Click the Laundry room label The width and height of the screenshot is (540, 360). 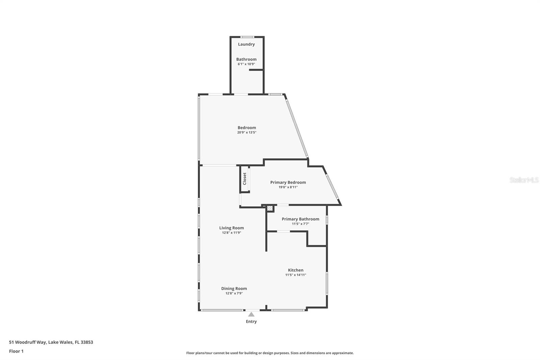pos(246,44)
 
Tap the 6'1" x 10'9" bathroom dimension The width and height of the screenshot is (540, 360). pos(246,64)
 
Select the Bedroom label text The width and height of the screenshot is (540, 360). pos(247,128)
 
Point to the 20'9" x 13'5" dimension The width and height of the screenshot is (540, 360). pos(247,133)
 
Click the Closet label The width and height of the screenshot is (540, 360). pos(245,179)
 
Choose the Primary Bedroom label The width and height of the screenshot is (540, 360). pos(288,182)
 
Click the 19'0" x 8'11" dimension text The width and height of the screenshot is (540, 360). pos(288,187)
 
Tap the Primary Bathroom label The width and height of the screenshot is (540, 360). pos(300,219)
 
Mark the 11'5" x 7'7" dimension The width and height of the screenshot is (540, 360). pos(300,224)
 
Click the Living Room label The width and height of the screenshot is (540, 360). pos(232,228)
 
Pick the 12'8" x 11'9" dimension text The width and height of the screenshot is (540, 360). pos(232,233)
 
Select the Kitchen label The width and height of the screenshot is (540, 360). pos(296,270)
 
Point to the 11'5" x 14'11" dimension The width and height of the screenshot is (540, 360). pos(296,275)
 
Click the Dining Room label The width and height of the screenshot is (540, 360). pos(234,288)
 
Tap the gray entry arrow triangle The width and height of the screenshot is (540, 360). pos(251,314)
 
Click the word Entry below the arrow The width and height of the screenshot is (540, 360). pos(251,322)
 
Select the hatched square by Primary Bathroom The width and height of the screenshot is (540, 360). pos(270,208)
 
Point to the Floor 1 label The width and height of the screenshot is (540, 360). pos(16,351)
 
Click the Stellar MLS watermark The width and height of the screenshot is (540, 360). pos(524,180)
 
